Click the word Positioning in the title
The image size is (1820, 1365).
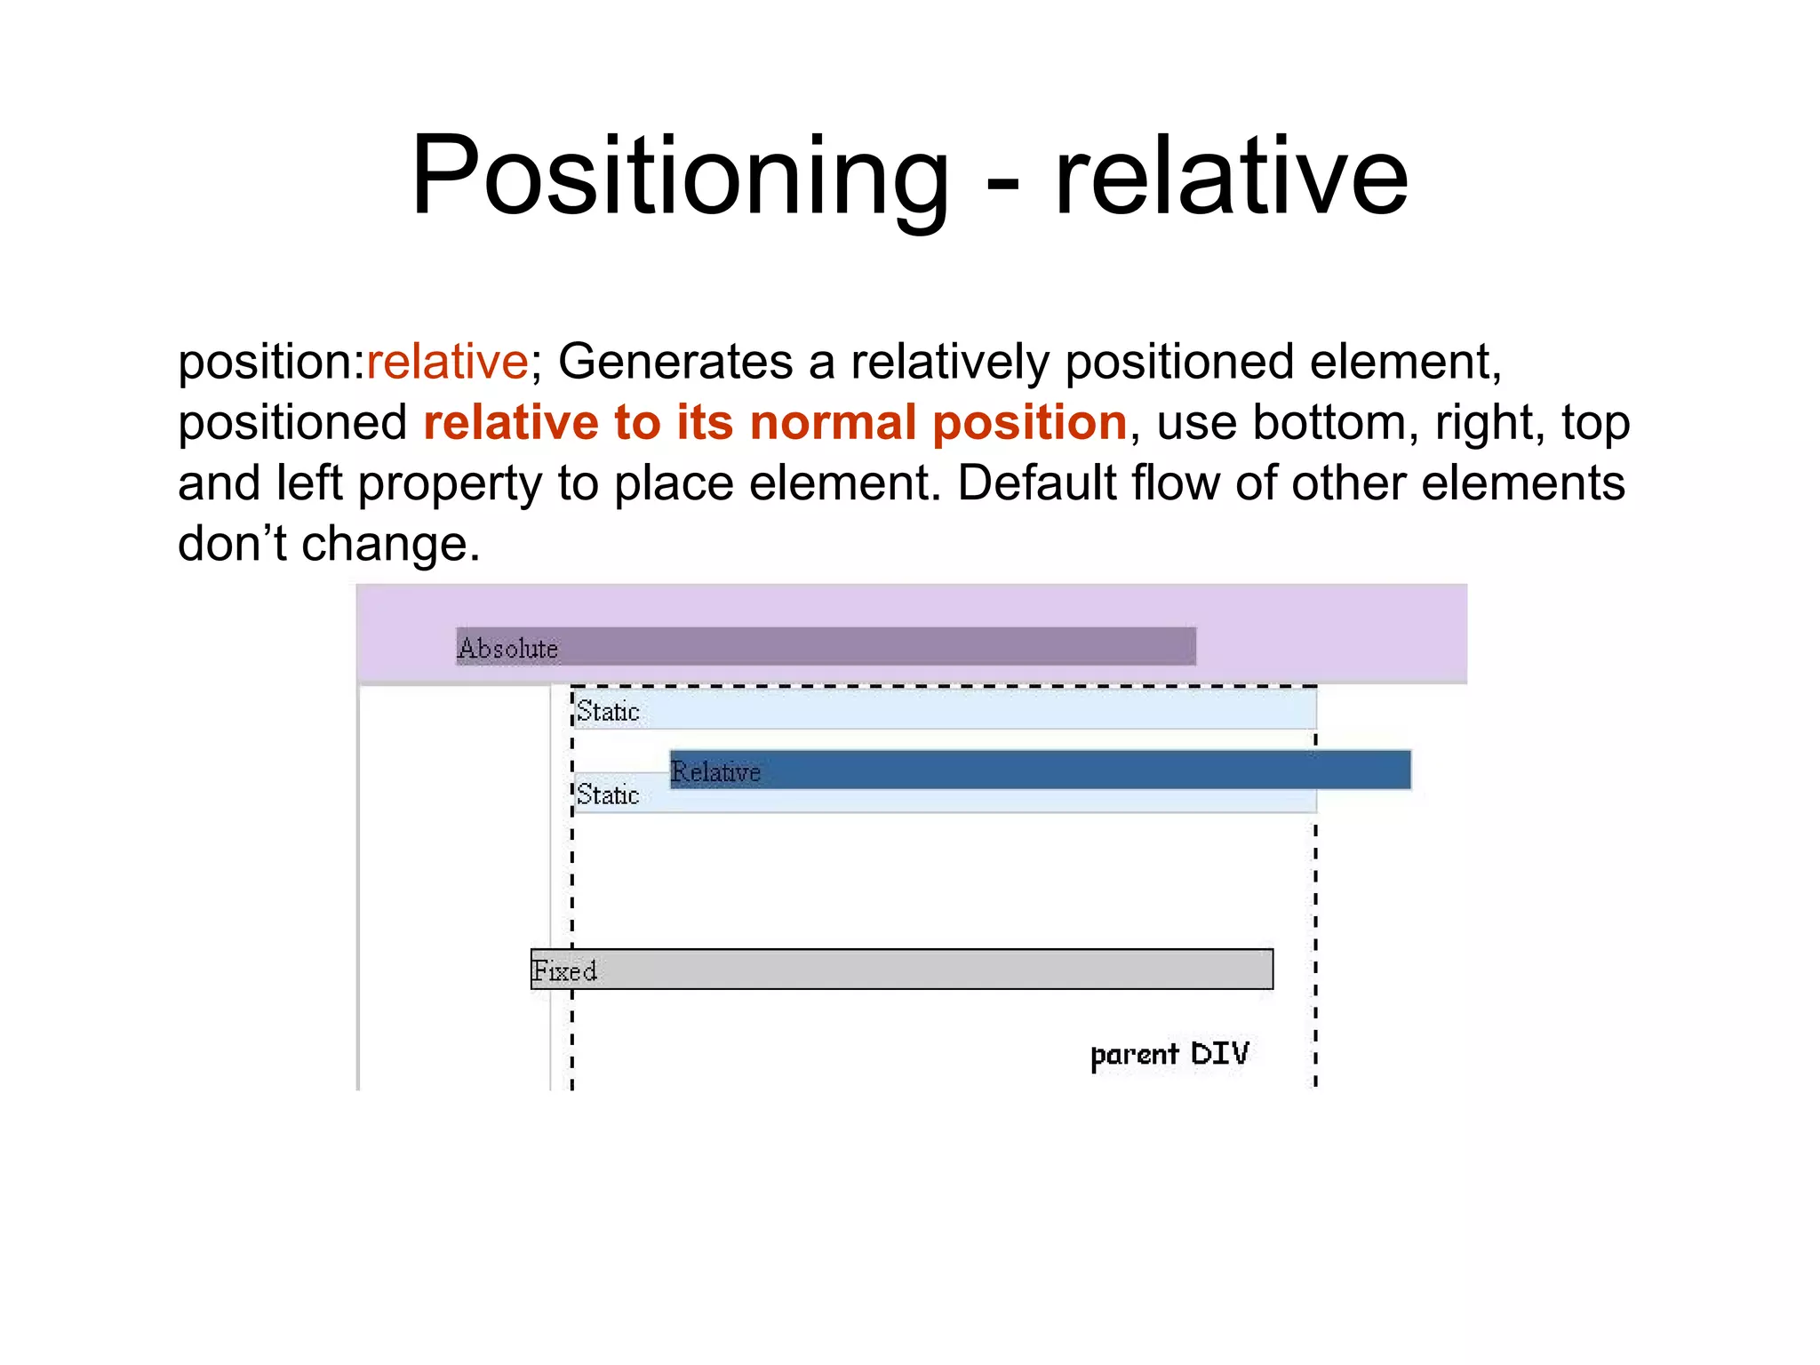pyautogui.click(x=680, y=176)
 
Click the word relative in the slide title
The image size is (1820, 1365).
pyautogui.click(x=1231, y=176)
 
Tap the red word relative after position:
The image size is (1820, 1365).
pyautogui.click(x=447, y=363)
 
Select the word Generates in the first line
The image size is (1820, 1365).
pyautogui.click(x=675, y=363)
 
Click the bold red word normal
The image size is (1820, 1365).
pyautogui.click(x=833, y=422)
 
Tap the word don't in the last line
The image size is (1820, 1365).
pyautogui.click(x=231, y=544)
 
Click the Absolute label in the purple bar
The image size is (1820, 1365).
pyautogui.click(x=508, y=649)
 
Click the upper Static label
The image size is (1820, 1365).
pyautogui.click(x=608, y=712)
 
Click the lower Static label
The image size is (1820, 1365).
pyautogui.click(x=608, y=795)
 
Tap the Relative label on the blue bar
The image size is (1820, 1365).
pyautogui.click(x=716, y=771)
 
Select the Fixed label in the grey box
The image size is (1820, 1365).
pyautogui.click(x=564, y=970)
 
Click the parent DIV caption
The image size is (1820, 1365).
pyautogui.click(x=1169, y=1054)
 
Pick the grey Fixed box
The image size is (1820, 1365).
pyautogui.click(x=933, y=970)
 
